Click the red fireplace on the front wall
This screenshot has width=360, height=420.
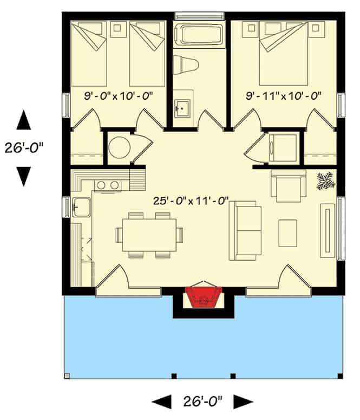pyautogui.click(x=204, y=298)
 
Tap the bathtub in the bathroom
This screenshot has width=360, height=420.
pyautogui.click(x=199, y=35)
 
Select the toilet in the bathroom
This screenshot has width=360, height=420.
pyautogui.click(x=186, y=64)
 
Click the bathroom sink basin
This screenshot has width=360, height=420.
pyautogui.click(x=182, y=108)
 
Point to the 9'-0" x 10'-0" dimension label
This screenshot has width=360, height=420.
pyautogui.click(x=119, y=95)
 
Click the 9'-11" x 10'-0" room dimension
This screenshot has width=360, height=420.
pyautogui.click(x=284, y=95)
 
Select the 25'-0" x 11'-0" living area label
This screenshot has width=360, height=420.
pyautogui.click(x=191, y=201)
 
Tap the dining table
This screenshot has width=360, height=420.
pyautogui.click(x=149, y=235)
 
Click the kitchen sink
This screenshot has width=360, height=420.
pyautogui.click(x=81, y=207)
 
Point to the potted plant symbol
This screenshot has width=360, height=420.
pyautogui.click(x=326, y=182)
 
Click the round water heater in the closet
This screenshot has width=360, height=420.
pyautogui.click(x=119, y=147)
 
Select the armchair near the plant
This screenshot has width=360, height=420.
pyautogui.click(x=289, y=186)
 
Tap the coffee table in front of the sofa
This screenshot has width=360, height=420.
pyautogui.click(x=288, y=234)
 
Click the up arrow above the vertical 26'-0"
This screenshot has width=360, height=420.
pyautogui.click(x=24, y=120)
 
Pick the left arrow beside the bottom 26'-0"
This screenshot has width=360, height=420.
pyautogui.click(x=162, y=402)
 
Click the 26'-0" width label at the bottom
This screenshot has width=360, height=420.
pyautogui.click(x=202, y=402)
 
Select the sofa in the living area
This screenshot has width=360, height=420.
pyautogui.click(x=245, y=231)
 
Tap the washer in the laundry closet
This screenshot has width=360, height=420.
pyautogui.click(x=283, y=148)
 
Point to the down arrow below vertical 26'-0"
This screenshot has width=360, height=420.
pyautogui.click(x=24, y=177)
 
